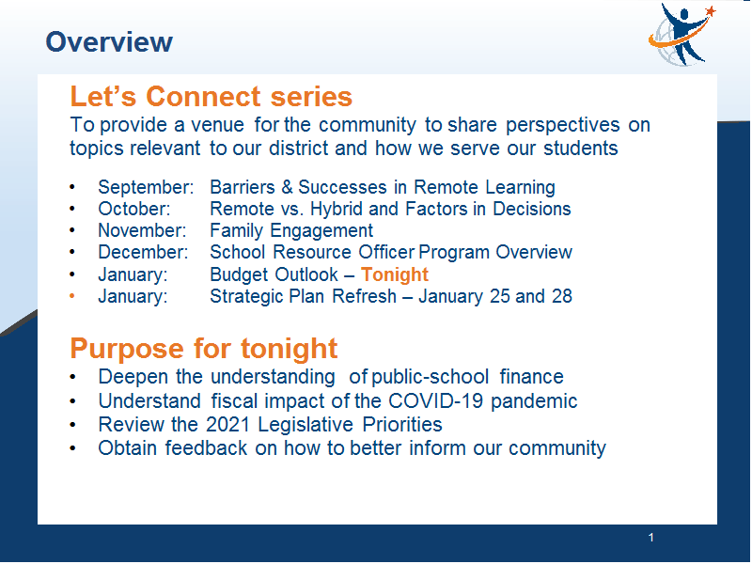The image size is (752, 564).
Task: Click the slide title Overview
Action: [109, 41]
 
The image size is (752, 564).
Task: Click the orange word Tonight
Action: [394, 274]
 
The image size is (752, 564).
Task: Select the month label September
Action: [146, 187]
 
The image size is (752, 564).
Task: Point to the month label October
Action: [134, 209]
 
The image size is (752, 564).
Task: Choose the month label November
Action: [142, 230]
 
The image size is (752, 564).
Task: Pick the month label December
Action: [143, 252]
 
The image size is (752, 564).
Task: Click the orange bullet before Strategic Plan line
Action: [72, 296]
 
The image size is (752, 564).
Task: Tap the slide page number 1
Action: [650, 538]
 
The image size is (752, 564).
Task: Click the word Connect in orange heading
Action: [203, 97]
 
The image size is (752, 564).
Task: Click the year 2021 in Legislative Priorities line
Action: [227, 425]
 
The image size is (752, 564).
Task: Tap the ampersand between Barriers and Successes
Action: [287, 187]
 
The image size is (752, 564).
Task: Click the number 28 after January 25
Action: [561, 296]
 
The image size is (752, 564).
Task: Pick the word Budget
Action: [239, 274]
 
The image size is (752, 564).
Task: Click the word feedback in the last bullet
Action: [206, 448]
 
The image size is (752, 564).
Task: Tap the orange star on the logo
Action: [711, 11]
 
